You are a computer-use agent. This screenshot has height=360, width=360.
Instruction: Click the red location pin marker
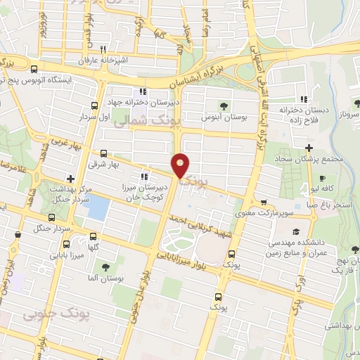[x=181, y=165]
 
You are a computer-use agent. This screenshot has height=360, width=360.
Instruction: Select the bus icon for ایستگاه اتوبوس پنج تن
[x=34, y=69]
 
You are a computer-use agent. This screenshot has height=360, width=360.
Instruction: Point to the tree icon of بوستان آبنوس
[x=224, y=106]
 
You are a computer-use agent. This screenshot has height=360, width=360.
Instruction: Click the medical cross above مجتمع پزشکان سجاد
[x=309, y=147]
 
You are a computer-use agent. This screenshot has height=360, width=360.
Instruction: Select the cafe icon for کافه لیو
[x=322, y=179]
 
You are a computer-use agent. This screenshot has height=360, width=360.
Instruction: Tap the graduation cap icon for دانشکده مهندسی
[x=296, y=231]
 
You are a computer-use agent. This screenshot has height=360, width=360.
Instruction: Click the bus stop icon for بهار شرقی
[x=104, y=153]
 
